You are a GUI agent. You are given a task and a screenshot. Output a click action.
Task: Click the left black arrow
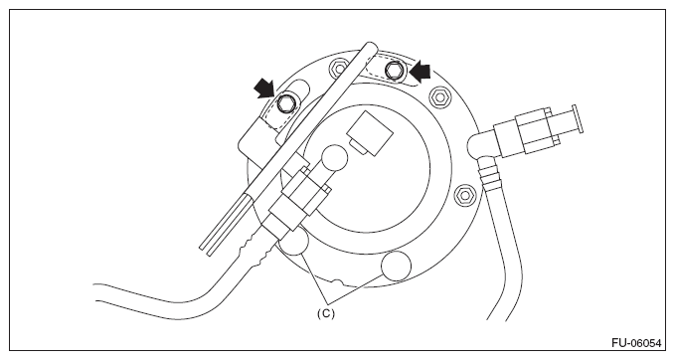point(264,89)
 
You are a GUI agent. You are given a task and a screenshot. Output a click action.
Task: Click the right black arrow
point(420,73)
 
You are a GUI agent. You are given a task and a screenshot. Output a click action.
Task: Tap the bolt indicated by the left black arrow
point(285,102)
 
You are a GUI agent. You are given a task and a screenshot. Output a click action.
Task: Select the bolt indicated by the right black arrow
point(394,71)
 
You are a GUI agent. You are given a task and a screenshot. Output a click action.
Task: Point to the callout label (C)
point(325,313)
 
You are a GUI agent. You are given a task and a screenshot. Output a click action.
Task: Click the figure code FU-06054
point(636,343)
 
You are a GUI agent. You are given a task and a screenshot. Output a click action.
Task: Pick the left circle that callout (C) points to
point(292,242)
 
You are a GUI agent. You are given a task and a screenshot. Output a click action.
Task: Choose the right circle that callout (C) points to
point(396,267)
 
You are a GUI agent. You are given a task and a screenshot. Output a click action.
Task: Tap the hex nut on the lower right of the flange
point(465,195)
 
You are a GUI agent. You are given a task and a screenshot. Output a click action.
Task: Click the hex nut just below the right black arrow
point(439,96)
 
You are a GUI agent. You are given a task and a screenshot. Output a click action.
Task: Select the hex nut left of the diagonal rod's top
point(339,68)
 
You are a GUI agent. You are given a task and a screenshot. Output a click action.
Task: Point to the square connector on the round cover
point(370,132)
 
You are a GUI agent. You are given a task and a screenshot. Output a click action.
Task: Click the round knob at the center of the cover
point(334,158)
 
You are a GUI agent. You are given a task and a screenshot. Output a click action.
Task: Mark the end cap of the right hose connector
point(576,119)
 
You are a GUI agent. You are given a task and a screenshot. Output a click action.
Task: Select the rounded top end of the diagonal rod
point(371,47)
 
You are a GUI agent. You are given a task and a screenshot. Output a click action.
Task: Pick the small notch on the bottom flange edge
point(337,283)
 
